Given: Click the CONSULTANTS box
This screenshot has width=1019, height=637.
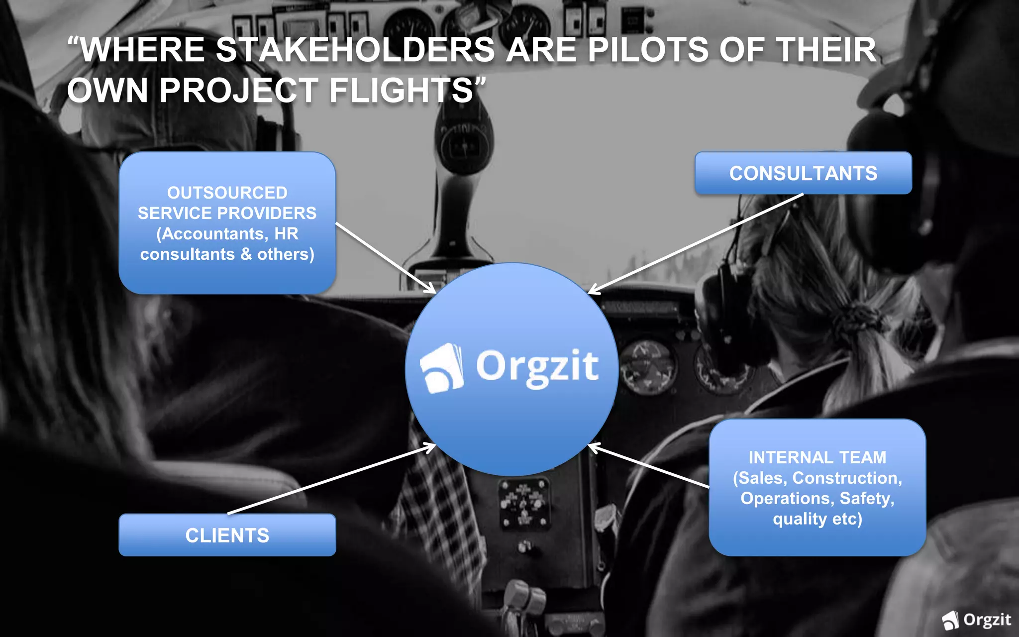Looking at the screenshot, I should click(x=803, y=173).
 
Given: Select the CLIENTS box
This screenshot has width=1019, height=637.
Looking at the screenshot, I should click(x=227, y=535).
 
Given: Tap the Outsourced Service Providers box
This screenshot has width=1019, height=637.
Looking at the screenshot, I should click(x=227, y=223).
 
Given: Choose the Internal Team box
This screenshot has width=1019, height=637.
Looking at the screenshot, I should click(x=817, y=488).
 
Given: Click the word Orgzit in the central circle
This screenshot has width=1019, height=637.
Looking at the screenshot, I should click(x=537, y=367).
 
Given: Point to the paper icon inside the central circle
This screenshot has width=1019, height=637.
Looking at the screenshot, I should click(x=442, y=368).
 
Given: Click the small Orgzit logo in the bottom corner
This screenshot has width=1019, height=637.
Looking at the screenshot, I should click(x=976, y=620).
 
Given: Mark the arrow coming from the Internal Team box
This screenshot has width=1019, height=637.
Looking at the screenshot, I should click(x=649, y=466).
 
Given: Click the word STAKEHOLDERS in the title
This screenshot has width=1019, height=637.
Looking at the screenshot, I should click(x=355, y=50).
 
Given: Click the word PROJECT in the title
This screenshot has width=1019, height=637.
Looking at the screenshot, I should click(x=239, y=91).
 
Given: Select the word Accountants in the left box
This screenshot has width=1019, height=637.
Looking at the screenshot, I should click(x=214, y=234).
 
